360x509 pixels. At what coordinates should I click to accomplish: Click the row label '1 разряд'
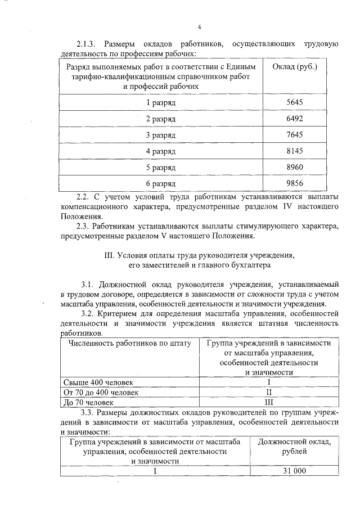(161, 103)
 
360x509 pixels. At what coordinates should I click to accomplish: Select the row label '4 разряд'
(161, 152)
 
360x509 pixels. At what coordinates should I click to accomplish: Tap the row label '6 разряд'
(161, 184)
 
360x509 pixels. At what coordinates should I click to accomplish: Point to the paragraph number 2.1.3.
(88, 44)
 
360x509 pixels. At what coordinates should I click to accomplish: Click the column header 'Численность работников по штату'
(130, 343)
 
